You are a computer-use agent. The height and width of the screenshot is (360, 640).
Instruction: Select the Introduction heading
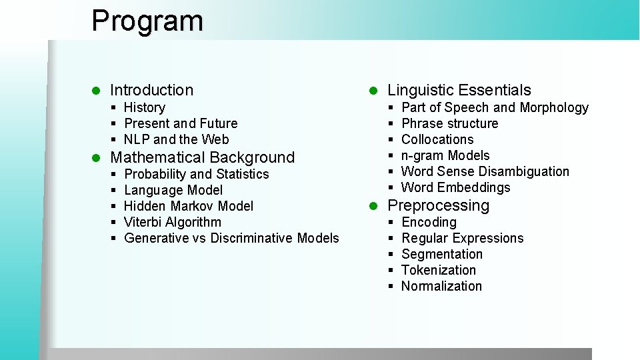coord(151,90)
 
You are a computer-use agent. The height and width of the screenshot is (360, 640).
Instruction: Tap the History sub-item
coord(145,107)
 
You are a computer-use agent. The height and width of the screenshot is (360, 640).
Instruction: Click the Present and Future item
coord(181,123)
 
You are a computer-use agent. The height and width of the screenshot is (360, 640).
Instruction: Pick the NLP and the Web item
coord(177,139)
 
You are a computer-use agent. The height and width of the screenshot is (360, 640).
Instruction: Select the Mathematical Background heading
coord(202,157)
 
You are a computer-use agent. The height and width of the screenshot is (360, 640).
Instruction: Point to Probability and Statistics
coord(197,174)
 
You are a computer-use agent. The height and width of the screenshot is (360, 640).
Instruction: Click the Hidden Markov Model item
coord(189,206)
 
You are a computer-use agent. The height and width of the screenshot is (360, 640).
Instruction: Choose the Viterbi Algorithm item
coord(173,222)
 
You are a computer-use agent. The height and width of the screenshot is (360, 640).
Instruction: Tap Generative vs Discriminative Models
coord(231,238)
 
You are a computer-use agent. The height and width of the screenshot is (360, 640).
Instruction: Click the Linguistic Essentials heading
coord(459,90)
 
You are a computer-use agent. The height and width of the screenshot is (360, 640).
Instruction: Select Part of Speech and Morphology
coord(495,107)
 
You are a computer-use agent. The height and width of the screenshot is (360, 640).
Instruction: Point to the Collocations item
coord(437,139)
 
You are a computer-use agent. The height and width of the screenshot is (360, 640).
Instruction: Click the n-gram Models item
coord(445,155)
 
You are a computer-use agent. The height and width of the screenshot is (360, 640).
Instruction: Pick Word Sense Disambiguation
coord(485,171)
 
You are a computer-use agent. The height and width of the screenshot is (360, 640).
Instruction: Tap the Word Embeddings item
coord(456,187)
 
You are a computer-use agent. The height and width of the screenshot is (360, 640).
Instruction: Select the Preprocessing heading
coord(438,205)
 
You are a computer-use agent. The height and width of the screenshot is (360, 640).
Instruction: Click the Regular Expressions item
coord(463,238)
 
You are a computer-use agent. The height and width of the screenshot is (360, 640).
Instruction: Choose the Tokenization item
coord(439,270)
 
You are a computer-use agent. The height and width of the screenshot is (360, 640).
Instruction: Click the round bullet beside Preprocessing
coord(374,206)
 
